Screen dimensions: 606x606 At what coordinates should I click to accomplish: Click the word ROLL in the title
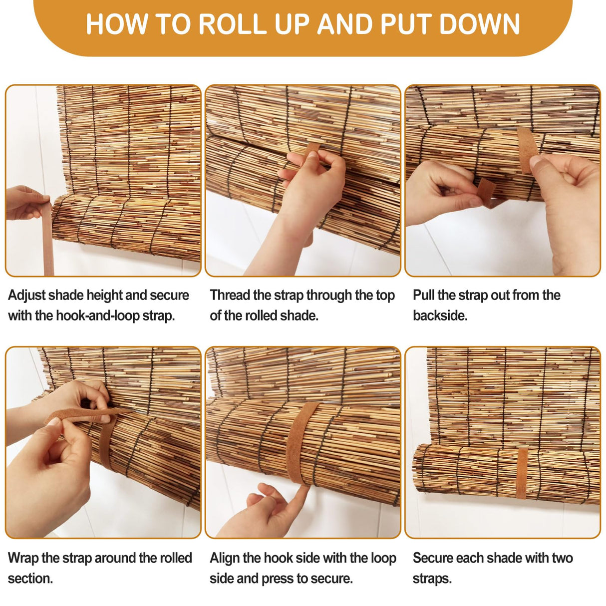[233, 24]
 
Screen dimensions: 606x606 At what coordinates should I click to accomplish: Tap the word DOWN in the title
[479, 24]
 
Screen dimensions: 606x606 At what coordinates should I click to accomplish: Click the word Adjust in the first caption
[26, 296]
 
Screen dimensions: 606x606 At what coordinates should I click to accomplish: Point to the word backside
[440, 315]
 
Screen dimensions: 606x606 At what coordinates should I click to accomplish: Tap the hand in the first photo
[27, 203]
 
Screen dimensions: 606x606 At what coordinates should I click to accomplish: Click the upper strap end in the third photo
[527, 150]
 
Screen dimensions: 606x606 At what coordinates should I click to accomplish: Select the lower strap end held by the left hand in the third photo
[486, 192]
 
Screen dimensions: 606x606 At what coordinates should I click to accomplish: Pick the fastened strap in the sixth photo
[522, 474]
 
